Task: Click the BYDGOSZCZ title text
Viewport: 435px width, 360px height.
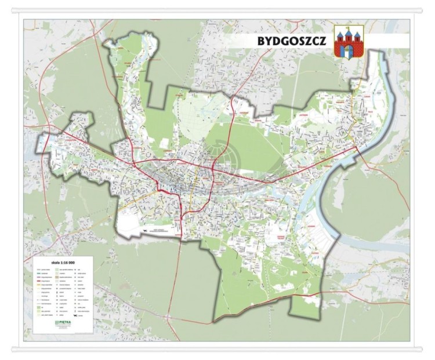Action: [x=291, y=41]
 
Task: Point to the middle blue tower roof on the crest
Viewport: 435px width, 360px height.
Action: [x=348, y=31]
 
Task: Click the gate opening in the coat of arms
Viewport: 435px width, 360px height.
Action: [x=348, y=52]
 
